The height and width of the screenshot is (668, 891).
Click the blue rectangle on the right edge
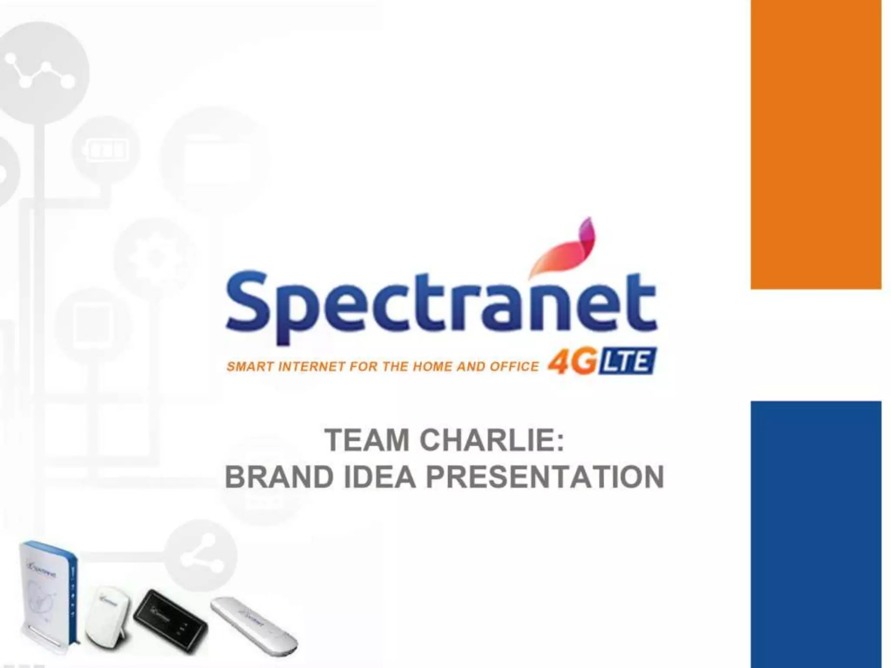(816, 534)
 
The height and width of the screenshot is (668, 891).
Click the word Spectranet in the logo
(440, 307)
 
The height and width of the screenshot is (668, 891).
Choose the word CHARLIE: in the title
(492, 440)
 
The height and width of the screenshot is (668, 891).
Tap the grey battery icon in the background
(107, 151)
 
